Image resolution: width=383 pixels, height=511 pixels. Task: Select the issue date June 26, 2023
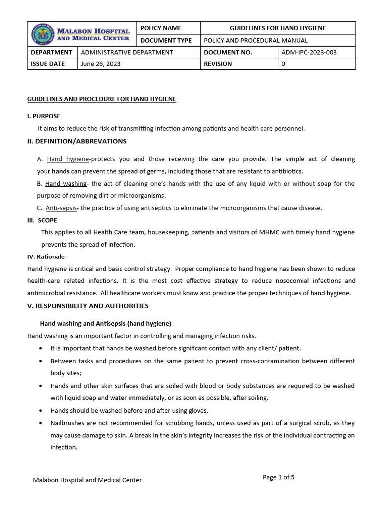tap(100, 64)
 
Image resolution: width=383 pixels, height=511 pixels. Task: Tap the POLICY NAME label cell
tap(161, 28)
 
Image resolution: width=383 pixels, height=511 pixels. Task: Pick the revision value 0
tap(283, 64)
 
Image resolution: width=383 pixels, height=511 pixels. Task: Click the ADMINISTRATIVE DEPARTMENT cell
tap(127, 52)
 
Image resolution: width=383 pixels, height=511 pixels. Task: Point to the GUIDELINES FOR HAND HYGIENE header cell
tap(277, 28)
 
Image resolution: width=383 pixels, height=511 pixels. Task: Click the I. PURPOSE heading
tap(44, 116)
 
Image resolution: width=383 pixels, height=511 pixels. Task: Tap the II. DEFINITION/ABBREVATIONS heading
tap(77, 141)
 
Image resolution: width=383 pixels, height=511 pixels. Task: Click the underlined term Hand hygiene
tap(68, 159)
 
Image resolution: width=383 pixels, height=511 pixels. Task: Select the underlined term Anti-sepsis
tap(61, 208)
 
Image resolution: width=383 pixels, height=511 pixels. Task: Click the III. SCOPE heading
tap(42, 220)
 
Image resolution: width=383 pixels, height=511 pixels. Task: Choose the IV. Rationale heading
tap(46, 256)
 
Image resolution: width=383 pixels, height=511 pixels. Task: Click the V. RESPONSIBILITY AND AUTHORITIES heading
tap(88, 306)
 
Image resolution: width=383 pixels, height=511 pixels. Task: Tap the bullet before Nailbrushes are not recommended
tap(40, 423)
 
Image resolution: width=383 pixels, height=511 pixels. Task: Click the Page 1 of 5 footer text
tap(278, 477)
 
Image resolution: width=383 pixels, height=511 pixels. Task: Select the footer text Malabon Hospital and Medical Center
tap(87, 480)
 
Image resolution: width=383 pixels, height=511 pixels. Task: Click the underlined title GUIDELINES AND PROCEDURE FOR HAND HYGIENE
tap(101, 99)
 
